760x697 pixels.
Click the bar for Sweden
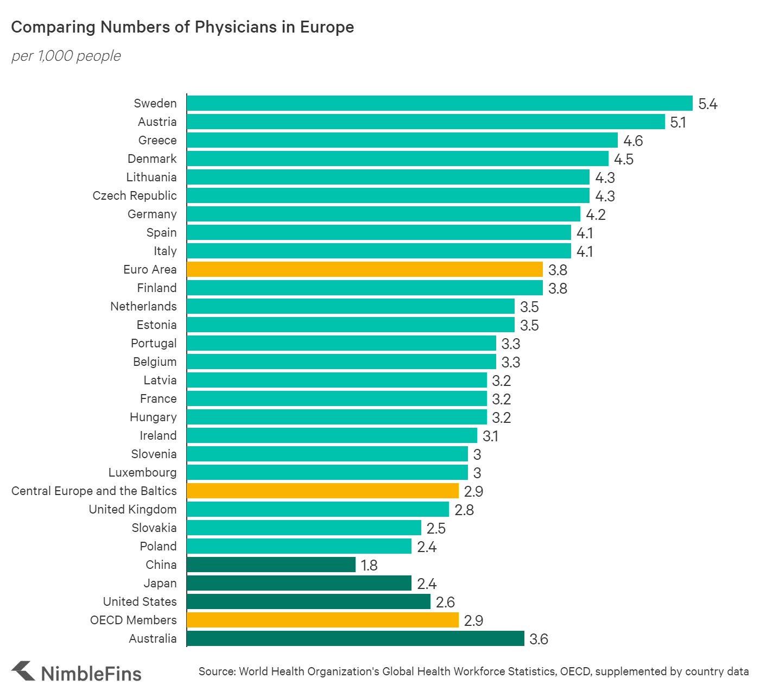click(440, 103)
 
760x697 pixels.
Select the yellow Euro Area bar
click(364, 269)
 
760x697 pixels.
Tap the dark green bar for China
click(271, 565)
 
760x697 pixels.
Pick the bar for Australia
click(356, 638)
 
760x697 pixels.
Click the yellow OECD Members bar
click(322, 620)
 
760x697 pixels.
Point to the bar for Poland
click(299, 546)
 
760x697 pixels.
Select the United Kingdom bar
click(318, 509)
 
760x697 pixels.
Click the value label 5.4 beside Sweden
click(707, 104)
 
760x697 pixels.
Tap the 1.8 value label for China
click(369, 565)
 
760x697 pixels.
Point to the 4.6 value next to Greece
click(633, 141)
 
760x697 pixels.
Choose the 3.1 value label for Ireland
click(490, 436)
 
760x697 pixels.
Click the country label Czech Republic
click(135, 195)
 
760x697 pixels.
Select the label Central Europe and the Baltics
click(94, 491)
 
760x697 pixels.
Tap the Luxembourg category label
click(142, 472)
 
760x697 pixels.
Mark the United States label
click(140, 601)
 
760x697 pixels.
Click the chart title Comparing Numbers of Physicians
click(182, 27)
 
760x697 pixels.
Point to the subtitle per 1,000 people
click(66, 56)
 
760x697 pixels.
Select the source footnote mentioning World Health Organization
click(473, 671)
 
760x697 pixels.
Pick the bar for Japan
click(299, 583)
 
